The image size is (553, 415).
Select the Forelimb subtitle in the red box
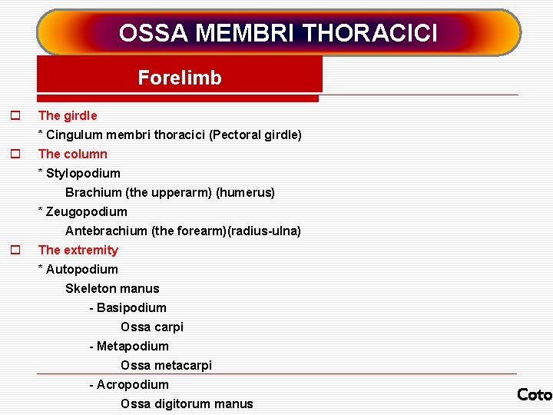point(180,78)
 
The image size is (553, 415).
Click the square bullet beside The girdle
point(14,116)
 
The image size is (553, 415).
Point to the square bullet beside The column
point(14,154)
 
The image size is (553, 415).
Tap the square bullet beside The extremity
point(14,251)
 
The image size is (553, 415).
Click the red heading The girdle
point(68,116)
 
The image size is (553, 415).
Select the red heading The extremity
point(78,251)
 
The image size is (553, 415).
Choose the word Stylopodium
point(83,174)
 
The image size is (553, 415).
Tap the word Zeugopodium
point(87,212)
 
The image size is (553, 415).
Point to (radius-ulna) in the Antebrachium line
point(264,231)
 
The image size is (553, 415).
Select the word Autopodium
point(82,270)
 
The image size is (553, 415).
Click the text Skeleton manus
point(112,289)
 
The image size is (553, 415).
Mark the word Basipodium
point(131,308)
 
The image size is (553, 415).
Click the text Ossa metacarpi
point(166,366)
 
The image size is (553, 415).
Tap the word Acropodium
point(133,385)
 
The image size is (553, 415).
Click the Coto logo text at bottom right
point(535,395)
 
